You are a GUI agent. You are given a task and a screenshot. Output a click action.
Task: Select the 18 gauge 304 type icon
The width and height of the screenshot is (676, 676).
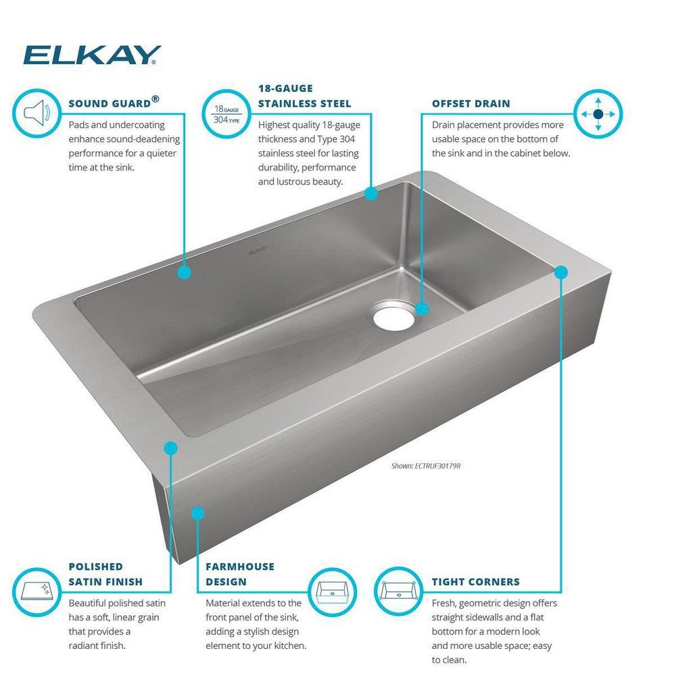[x=224, y=113]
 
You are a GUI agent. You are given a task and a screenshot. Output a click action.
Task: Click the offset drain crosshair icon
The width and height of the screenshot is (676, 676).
[x=598, y=113]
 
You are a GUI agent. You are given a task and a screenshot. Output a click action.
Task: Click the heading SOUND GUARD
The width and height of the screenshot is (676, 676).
[x=108, y=103]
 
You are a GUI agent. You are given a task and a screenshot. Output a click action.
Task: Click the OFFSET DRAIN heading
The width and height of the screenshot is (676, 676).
[x=470, y=103]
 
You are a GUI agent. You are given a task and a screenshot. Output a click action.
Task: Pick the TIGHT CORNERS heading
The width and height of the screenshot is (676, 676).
[x=476, y=581]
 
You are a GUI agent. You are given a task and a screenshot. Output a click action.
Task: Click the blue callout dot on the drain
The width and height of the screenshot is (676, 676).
[x=422, y=309]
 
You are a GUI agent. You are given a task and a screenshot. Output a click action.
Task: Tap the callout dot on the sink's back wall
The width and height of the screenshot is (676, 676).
[x=184, y=272]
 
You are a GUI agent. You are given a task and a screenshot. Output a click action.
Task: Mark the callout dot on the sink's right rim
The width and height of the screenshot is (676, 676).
[x=561, y=272]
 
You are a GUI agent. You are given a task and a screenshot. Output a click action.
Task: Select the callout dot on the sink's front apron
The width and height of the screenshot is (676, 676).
[x=197, y=513]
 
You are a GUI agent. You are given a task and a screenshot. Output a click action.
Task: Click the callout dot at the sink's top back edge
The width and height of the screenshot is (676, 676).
[x=370, y=194]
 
